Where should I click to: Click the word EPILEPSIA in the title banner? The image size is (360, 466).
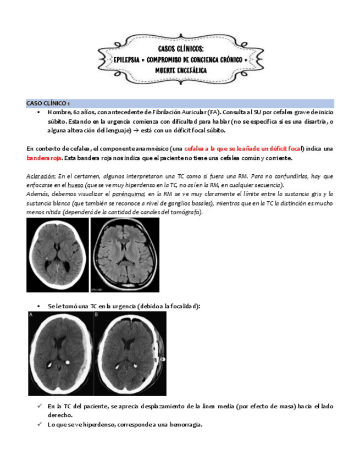127,59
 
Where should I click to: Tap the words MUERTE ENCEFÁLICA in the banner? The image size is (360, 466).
180,70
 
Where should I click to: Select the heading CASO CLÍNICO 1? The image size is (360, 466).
48,103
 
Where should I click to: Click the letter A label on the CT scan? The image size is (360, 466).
31,315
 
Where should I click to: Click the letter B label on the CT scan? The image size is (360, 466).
97,315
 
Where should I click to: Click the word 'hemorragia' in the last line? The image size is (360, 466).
186,425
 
